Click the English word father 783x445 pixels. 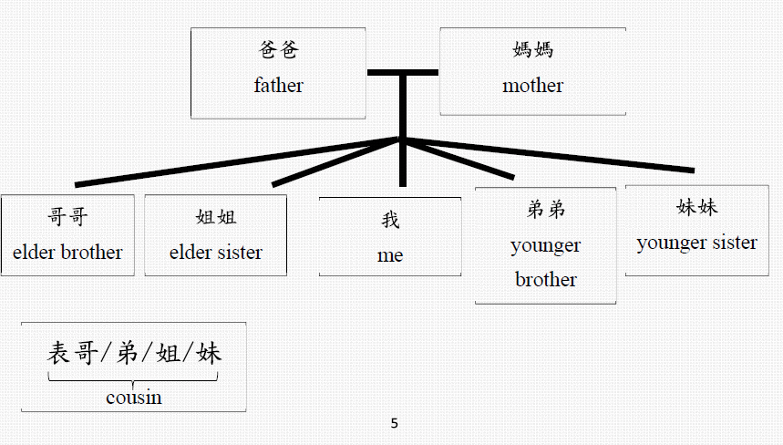278,86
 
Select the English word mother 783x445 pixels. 532,86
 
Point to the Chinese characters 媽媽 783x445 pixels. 533,49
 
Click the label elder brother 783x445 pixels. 67,252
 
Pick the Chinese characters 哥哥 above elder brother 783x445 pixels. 67,218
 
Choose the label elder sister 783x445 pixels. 215,252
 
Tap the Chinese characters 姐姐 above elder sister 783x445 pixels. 216,217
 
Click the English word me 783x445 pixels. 390,255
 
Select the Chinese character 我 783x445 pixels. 390,221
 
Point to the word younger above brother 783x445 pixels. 545,245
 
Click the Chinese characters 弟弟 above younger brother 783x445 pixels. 546,210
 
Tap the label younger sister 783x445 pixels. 696,243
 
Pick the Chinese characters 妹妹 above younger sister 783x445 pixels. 697,207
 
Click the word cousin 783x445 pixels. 133,397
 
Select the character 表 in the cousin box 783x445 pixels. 58,354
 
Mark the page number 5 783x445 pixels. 394,423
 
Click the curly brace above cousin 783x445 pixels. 133,378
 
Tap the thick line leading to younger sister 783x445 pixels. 547,154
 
